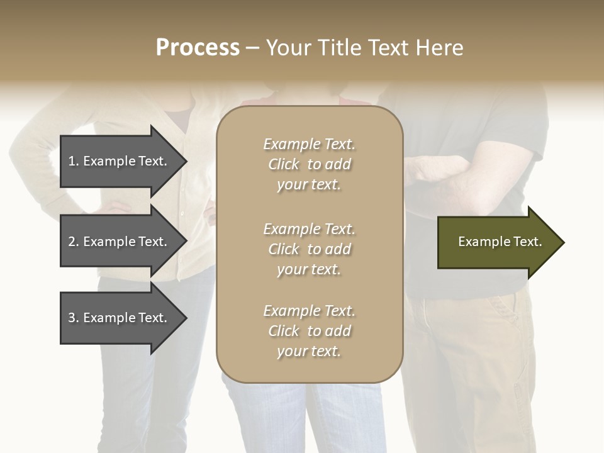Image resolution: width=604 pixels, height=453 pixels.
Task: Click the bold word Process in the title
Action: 198,48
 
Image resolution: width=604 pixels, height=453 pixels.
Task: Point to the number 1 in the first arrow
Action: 72,161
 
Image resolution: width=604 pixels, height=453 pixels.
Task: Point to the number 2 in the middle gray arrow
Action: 72,242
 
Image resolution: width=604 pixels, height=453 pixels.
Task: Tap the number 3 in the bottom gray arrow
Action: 72,318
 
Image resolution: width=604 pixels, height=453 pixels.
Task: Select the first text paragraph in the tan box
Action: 309,164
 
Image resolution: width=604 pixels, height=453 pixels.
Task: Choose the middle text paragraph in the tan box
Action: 309,249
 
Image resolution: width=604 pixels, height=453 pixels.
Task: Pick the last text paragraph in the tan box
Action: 309,331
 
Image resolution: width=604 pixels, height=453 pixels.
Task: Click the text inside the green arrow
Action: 500,242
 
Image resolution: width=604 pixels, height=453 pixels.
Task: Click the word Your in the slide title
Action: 289,48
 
